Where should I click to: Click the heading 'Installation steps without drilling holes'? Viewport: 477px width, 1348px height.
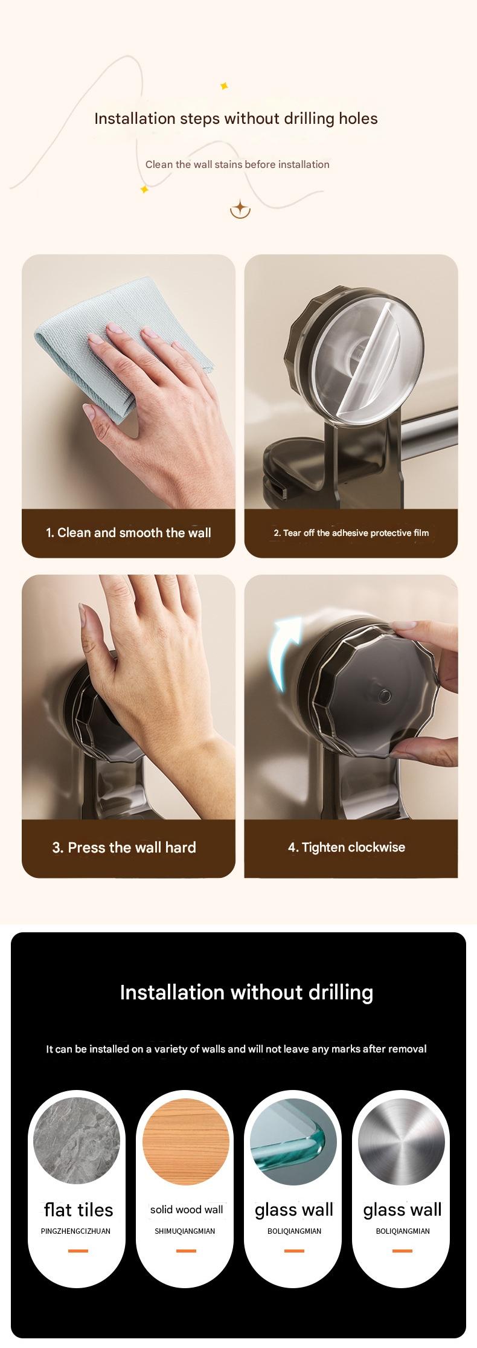tap(235, 118)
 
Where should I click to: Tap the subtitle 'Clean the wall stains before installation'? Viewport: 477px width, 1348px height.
tap(237, 164)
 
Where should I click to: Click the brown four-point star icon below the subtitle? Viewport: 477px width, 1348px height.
tap(240, 209)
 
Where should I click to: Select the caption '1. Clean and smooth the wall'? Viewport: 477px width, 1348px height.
tap(128, 533)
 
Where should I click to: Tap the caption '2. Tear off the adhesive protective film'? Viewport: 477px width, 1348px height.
tap(351, 533)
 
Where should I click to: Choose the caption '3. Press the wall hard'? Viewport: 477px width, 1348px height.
tap(124, 848)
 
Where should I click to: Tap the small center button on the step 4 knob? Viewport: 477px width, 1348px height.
tap(383, 697)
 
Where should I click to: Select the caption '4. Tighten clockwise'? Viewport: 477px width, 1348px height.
tap(346, 848)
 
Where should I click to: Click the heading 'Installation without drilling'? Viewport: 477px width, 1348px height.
tap(246, 993)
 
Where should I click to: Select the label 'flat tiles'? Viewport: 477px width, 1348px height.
tap(78, 1210)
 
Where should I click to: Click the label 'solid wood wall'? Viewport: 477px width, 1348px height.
tap(186, 1210)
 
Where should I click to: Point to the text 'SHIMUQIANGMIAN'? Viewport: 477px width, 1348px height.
tap(185, 1231)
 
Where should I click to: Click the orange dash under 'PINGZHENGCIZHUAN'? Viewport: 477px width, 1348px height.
tap(78, 1251)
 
